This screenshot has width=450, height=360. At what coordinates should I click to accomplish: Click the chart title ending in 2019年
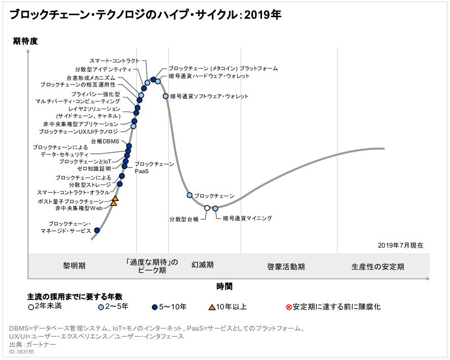coord(145,15)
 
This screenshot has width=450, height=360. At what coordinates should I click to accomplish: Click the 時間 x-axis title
coord(224,286)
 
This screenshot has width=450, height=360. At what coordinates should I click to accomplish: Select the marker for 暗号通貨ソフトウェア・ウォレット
coord(166,96)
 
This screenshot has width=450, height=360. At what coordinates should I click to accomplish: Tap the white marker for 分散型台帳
coord(207,208)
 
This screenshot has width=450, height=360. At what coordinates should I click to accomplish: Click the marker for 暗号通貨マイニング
coord(215,208)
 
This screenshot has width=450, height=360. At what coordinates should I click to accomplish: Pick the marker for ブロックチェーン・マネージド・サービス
coord(97,230)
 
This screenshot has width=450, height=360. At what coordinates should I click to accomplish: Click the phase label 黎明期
coord(74,265)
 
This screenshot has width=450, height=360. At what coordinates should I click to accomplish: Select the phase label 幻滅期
coord(202,265)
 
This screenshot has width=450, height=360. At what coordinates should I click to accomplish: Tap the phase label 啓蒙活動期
coord(286,266)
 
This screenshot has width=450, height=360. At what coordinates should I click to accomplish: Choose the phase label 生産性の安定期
coord(378,266)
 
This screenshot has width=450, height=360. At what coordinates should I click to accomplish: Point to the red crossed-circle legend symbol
coord(289,307)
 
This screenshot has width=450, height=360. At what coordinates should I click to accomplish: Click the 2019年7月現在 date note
coord(400,245)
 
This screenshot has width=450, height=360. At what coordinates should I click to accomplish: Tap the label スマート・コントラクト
coord(114,61)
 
